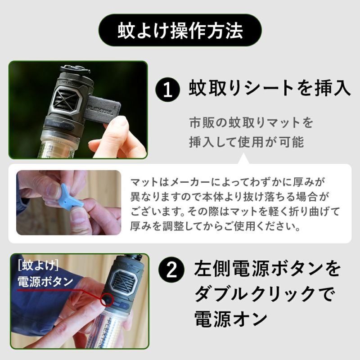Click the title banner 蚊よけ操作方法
pos(180,30)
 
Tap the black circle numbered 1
pos(167,90)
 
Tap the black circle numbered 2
pos(171,270)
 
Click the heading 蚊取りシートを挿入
pos(270,88)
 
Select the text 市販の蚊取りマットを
pos(251,122)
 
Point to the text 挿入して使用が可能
pos(247,142)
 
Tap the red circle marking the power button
pos(107,299)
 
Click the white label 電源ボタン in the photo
pos(45,282)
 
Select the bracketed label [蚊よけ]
pos(38,266)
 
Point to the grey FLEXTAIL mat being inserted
pos(104,108)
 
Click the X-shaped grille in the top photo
pos(67,100)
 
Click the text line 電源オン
pos(231,319)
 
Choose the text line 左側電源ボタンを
pos(267,268)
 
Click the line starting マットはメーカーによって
pos(227,182)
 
